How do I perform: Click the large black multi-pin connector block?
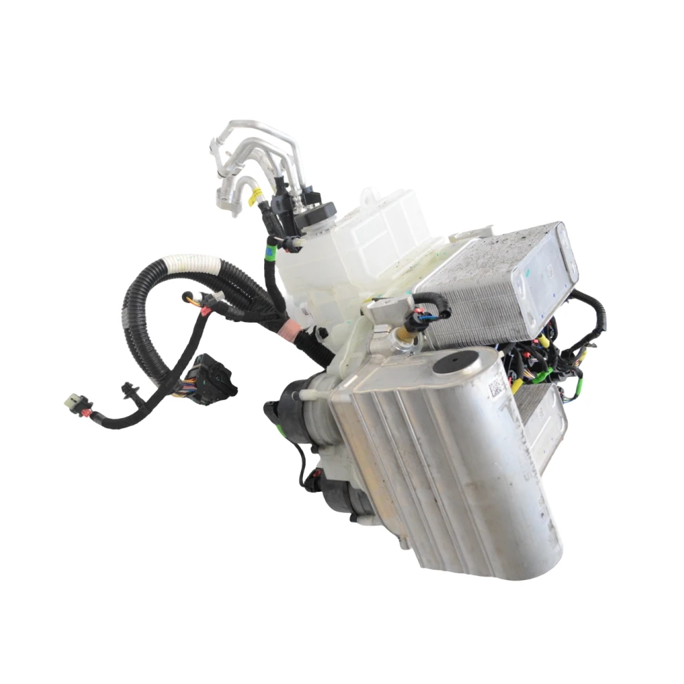pyautogui.click(x=212, y=376)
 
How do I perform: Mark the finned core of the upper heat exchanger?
pyautogui.click(x=472, y=301)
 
